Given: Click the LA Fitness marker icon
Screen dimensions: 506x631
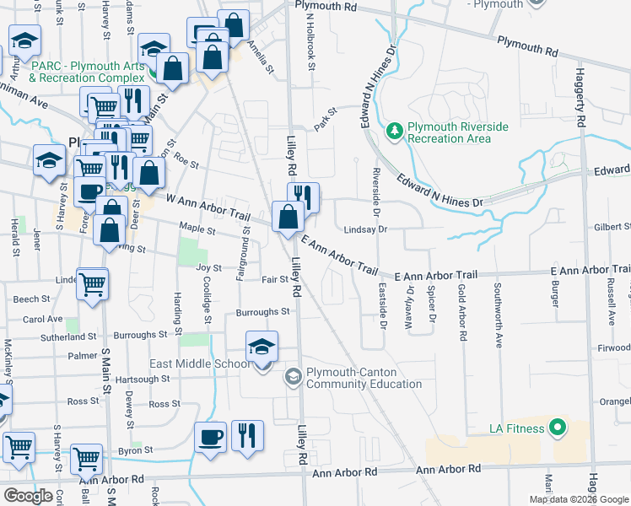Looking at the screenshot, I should pyautogui.click(x=556, y=428).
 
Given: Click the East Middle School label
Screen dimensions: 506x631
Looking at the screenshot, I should pyautogui.click(x=200, y=363).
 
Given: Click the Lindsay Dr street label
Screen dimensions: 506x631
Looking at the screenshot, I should pyautogui.click(x=364, y=229).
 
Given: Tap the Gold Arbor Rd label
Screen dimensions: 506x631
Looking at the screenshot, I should pyautogui.click(x=462, y=313).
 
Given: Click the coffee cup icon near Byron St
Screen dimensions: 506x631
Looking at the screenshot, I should pyautogui.click(x=211, y=439).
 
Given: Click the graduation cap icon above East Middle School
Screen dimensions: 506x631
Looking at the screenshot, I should pyautogui.click(x=262, y=347).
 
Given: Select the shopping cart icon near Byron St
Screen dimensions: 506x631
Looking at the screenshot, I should pyautogui.click(x=86, y=460).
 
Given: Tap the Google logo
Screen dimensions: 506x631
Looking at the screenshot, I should pyautogui.click(x=29, y=495).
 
